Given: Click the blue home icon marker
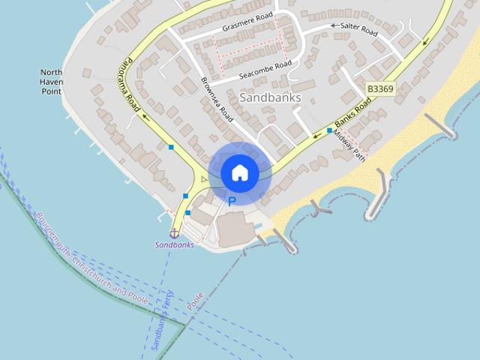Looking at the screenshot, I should (239, 172).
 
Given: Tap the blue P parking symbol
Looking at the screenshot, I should (232, 201).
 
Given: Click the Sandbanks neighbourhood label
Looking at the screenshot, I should (270, 97).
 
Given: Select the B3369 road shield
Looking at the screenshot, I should (380, 89).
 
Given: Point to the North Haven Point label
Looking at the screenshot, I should (51, 82).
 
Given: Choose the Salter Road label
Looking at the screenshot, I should (358, 31).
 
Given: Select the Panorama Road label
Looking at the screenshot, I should (133, 82).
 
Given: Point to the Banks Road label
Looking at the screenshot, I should (353, 112).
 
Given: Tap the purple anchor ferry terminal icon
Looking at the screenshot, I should (174, 233).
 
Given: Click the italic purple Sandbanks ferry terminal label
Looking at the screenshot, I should (175, 245).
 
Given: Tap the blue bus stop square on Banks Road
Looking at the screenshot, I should (329, 130).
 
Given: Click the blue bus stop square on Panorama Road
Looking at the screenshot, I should (172, 147).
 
